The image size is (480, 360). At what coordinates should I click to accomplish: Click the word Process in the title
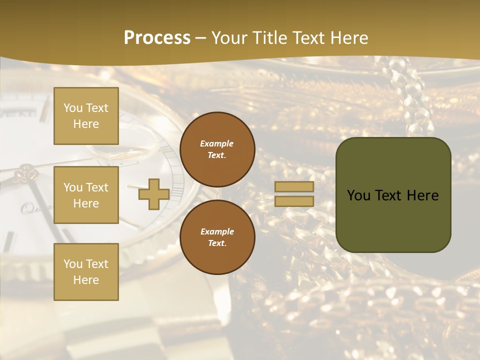[x=157, y=38]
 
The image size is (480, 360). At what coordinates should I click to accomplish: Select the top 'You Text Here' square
[x=86, y=116]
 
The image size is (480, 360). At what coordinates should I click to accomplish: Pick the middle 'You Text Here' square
[x=86, y=195]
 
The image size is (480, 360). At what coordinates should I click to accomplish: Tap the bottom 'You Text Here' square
[x=86, y=272]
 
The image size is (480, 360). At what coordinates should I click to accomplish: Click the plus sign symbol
[x=153, y=194]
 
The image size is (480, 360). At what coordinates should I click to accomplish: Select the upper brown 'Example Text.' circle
[x=217, y=149]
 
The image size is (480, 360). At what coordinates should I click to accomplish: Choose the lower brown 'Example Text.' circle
[x=217, y=237]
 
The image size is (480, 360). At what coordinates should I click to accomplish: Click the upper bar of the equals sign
[x=294, y=187]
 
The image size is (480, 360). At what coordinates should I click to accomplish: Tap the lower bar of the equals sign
[x=294, y=201]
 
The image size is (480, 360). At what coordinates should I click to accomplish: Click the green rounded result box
[x=393, y=195]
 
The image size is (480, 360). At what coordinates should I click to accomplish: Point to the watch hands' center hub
[x=26, y=174]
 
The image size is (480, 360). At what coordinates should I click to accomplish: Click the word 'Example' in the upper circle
[x=217, y=143]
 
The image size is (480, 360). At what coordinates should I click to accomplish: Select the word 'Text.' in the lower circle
[x=217, y=243]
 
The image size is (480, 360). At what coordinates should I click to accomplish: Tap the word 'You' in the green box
[x=358, y=195]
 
